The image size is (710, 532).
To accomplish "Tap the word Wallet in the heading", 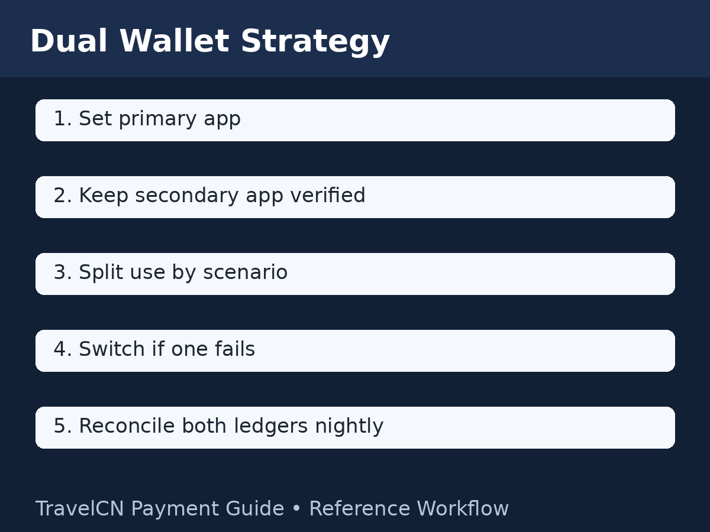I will [x=173, y=42].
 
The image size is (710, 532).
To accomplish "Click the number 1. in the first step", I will [x=62, y=119].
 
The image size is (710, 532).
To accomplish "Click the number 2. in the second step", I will [x=62, y=196].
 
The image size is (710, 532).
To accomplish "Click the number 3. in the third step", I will [x=62, y=273].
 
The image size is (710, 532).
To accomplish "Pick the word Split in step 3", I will [x=97, y=274].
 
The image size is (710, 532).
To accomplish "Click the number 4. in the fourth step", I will [x=62, y=349].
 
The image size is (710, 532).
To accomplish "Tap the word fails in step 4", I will [x=237, y=349].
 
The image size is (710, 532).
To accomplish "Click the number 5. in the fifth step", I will [x=62, y=426].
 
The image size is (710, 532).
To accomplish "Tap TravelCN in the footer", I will [x=80, y=509].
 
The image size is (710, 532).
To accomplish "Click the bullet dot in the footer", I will [x=296, y=510].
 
